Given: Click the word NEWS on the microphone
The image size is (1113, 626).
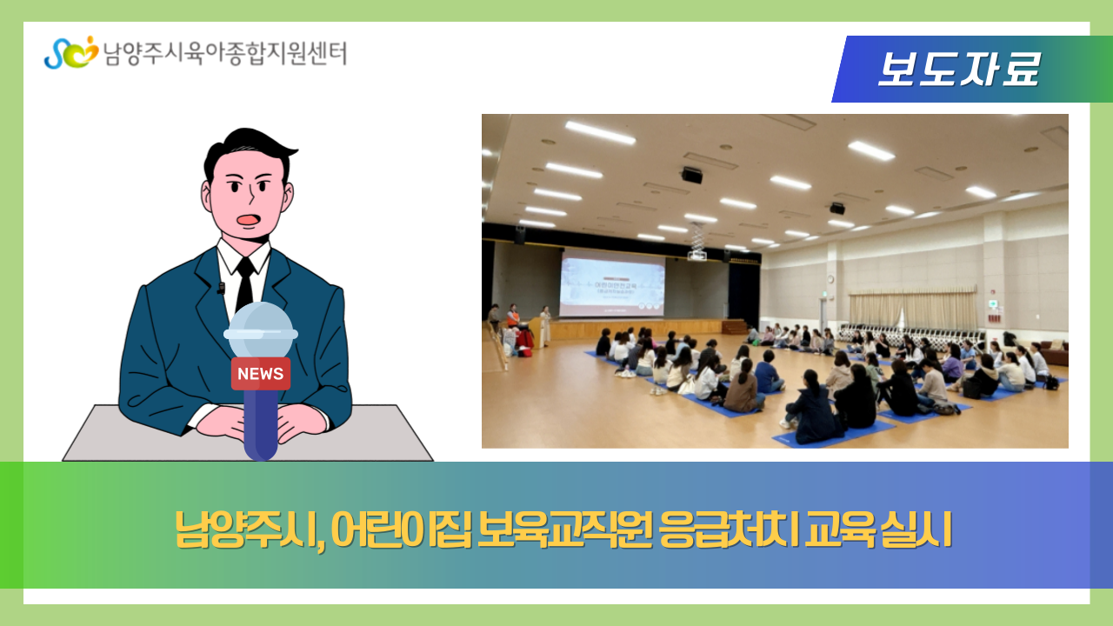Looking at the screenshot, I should pyautogui.click(x=260, y=374).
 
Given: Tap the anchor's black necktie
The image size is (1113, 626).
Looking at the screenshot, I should pyautogui.click(x=245, y=283).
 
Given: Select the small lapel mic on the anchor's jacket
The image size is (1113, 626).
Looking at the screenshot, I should pyautogui.click(x=221, y=288).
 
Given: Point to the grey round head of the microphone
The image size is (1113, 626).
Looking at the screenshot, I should pyautogui.click(x=261, y=330).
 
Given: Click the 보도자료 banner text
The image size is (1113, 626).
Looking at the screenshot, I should pyautogui.click(x=957, y=70).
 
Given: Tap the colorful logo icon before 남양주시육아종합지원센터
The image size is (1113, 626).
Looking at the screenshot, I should pyautogui.click(x=70, y=53).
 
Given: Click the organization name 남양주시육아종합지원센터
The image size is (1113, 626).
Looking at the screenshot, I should pyautogui.click(x=224, y=54).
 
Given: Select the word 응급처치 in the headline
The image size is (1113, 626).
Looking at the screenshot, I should pyautogui.click(x=728, y=529).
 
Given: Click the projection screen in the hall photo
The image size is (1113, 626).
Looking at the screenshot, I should pyautogui.click(x=612, y=284).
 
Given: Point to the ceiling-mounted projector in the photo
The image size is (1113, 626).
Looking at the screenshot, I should pyautogui.click(x=696, y=254).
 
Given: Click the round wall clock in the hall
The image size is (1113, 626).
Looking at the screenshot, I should pyautogui.click(x=830, y=279).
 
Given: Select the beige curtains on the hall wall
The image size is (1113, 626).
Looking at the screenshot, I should pyautogui.click(x=913, y=310).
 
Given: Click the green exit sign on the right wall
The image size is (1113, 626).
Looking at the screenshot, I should pyautogui.click(x=993, y=303).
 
